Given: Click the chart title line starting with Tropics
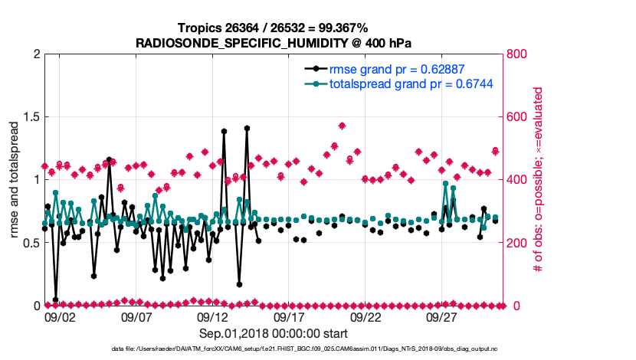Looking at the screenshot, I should (x=274, y=28).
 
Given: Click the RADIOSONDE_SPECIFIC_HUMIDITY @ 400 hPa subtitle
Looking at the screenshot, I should (x=274, y=42).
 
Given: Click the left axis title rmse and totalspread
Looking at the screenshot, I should (x=15, y=180).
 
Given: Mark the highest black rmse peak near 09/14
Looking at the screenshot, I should (x=247, y=129).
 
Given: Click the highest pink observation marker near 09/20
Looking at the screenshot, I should (x=342, y=126).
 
